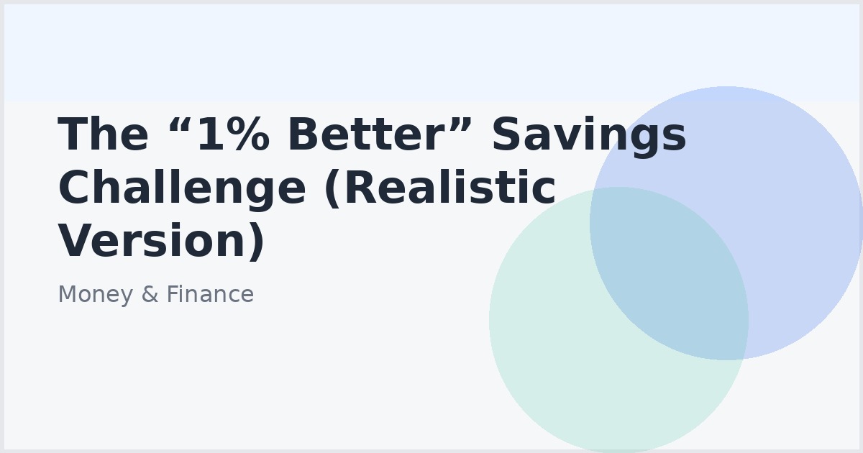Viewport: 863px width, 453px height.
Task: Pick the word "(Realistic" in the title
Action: pyautogui.click(x=440, y=190)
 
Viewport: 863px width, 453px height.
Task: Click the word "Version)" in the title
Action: pyautogui.click(x=162, y=242)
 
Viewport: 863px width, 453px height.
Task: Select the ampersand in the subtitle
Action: pyautogui.click(x=150, y=295)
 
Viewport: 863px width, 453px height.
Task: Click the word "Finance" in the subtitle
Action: pyautogui.click(x=210, y=295)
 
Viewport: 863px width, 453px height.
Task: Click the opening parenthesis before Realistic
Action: pyautogui.click(x=332, y=190)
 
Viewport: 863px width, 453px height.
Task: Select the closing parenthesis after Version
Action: pyautogui.click(x=257, y=242)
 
